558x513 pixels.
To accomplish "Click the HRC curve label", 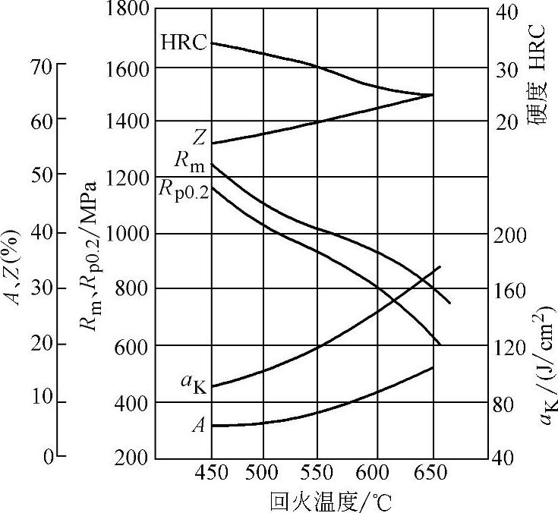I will click(x=184, y=42).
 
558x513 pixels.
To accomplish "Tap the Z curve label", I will click(x=199, y=137).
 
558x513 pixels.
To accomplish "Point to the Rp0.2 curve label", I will click(x=182, y=189).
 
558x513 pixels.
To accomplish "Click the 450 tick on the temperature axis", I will click(x=211, y=474).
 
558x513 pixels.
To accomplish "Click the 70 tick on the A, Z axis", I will click(x=43, y=66).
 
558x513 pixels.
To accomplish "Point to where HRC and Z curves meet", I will click(x=431, y=95).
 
